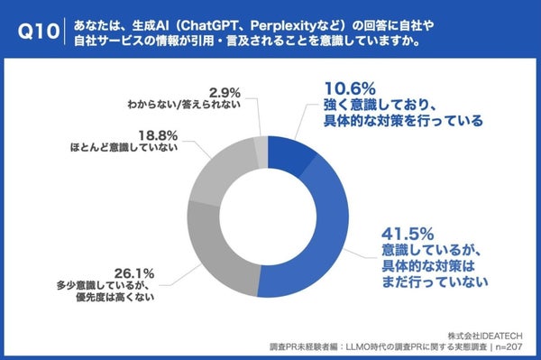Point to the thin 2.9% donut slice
(x=261, y=143)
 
